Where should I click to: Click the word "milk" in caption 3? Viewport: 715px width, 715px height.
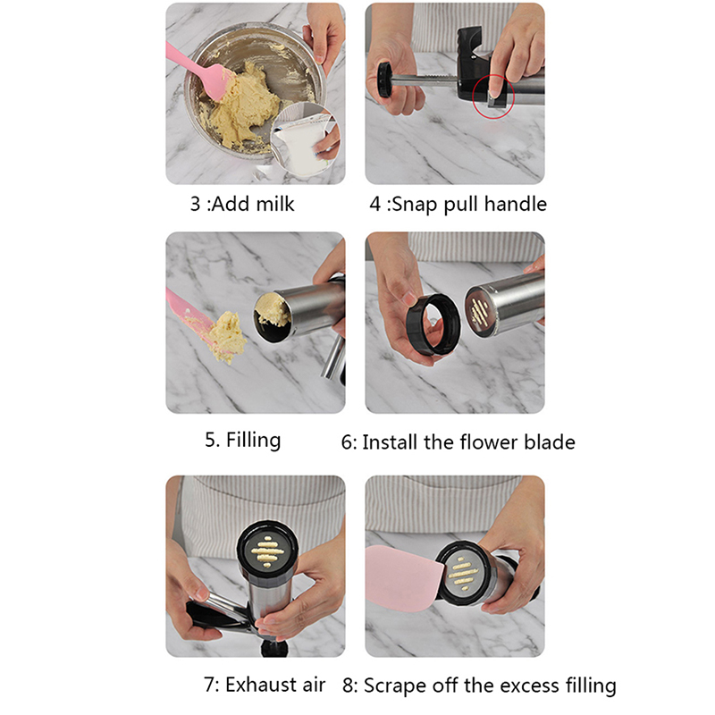click(274, 204)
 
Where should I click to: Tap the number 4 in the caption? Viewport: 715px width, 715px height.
click(374, 204)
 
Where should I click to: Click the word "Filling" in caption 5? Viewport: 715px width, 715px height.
click(254, 440)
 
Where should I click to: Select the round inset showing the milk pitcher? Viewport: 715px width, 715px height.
click(305, 139)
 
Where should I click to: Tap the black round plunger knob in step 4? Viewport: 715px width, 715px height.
click(384, 80)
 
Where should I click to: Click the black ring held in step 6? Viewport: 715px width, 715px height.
click(433, 324)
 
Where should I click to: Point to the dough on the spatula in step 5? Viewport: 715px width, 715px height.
click(227, 336)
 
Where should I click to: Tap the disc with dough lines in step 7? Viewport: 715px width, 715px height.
click(267, 551)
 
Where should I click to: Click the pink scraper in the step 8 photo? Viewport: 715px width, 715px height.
click(404, 576)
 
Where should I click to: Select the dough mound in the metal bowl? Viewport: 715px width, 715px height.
click(244, 107)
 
